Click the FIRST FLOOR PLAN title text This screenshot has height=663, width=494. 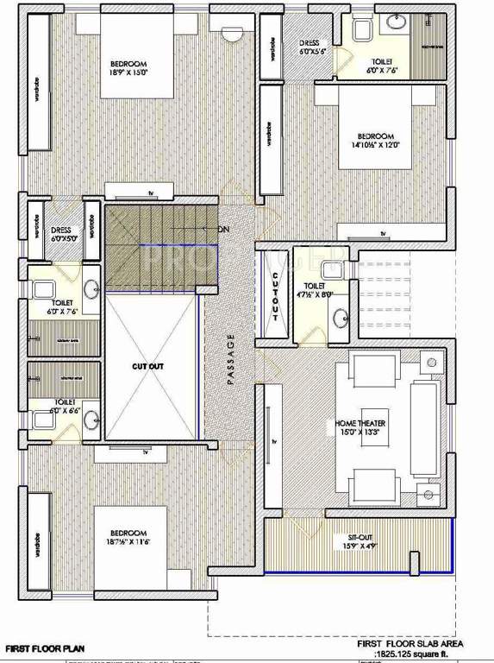(45, 646)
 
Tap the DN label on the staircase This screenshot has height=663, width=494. (223, 229)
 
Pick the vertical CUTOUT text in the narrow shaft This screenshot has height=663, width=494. (275, 294)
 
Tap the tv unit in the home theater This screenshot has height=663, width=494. (274, 440)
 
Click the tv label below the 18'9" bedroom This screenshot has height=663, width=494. (150, 192)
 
